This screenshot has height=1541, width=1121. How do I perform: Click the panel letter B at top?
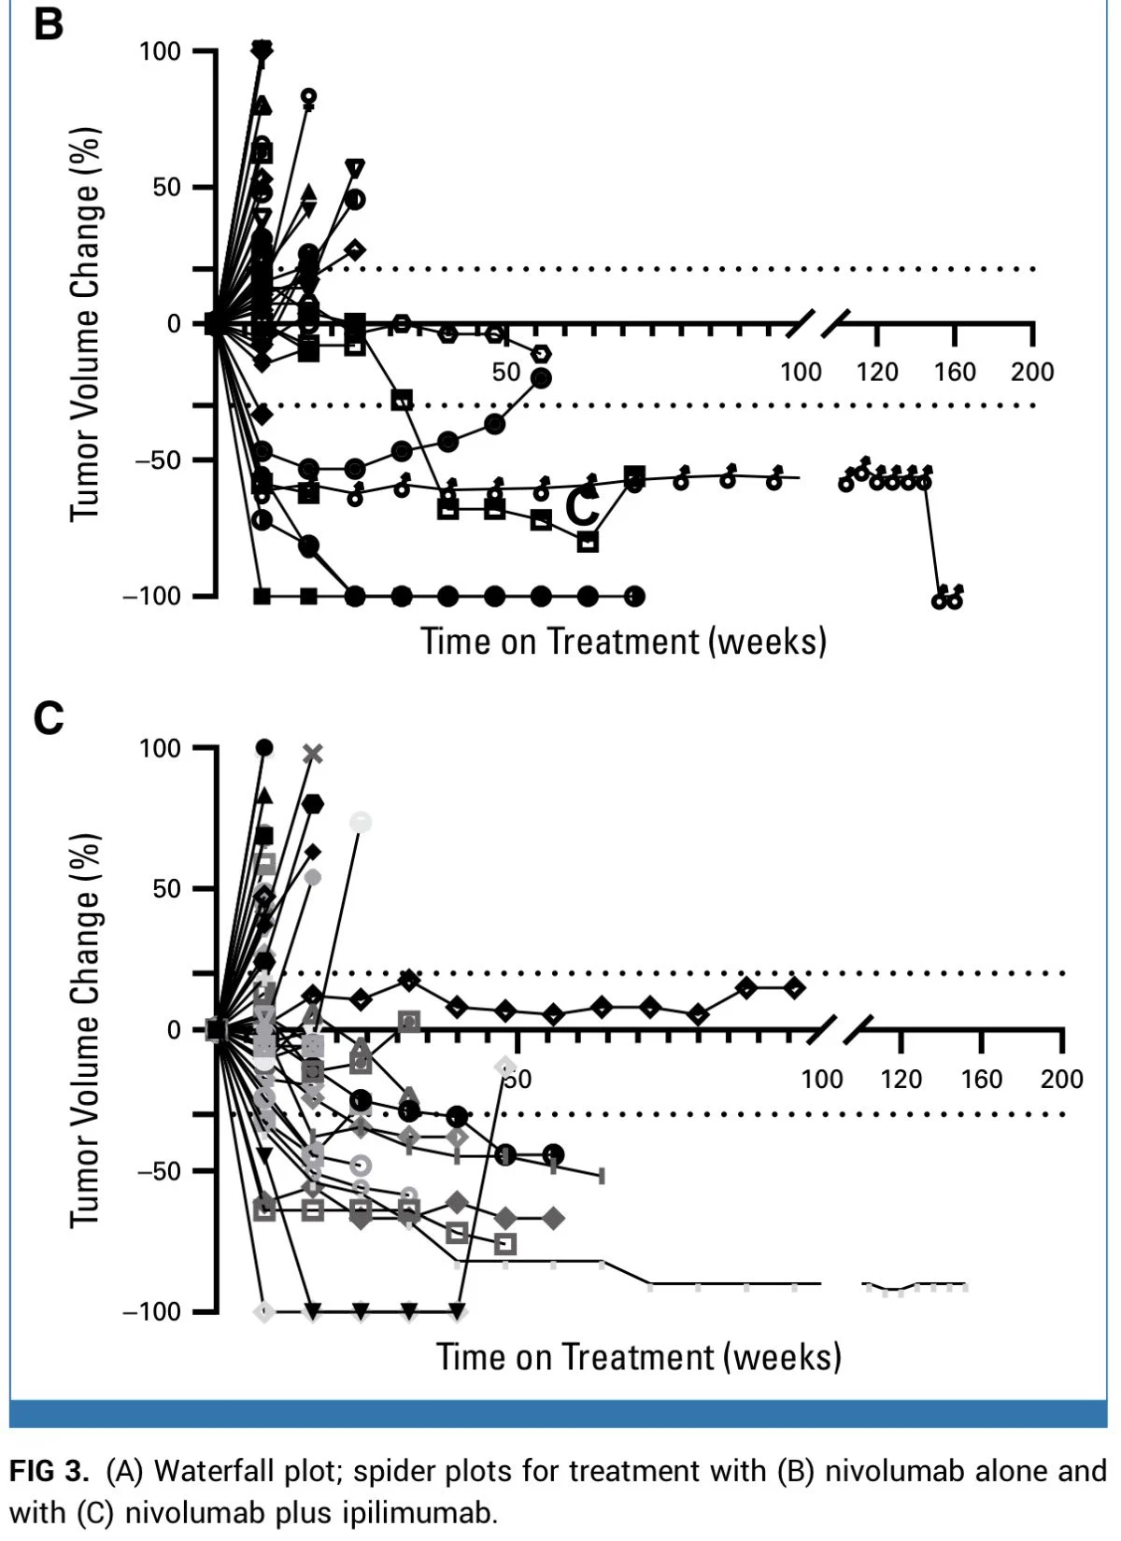[x=49, y=24]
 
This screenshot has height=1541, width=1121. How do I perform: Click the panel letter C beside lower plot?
[x=49, y=719]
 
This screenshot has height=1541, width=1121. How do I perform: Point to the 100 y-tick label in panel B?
[x=160, y=51]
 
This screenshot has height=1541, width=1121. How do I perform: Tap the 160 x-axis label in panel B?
[x=955, y=372]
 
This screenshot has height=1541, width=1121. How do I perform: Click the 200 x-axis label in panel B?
[x=1031, y=372]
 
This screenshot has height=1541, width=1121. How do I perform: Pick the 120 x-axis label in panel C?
[x=901, y=1080]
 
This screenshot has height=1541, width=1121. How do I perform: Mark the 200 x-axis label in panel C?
[x=1061, y=1080]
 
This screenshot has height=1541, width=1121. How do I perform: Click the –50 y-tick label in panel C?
[x=159, y=1171]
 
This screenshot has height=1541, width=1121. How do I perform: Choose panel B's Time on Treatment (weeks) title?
[x=623, y=642]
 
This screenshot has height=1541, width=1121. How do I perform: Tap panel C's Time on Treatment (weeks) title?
[x=639, y=1357]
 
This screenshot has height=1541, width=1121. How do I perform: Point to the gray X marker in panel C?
[x=313, y=754]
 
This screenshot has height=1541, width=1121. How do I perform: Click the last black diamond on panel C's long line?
[x=794, y=987]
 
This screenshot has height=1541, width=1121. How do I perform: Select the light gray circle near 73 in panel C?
[x=361, y=822]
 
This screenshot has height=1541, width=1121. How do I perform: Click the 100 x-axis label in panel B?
[x=801, y=372]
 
